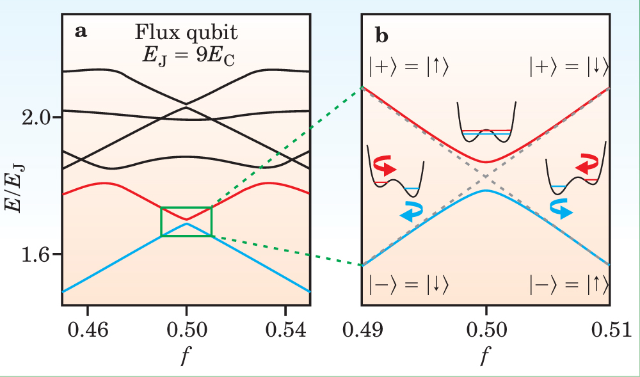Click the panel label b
[381, 38]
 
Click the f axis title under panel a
[186, 355]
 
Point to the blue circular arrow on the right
[561, 209]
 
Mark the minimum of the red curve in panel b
[486, 162]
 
